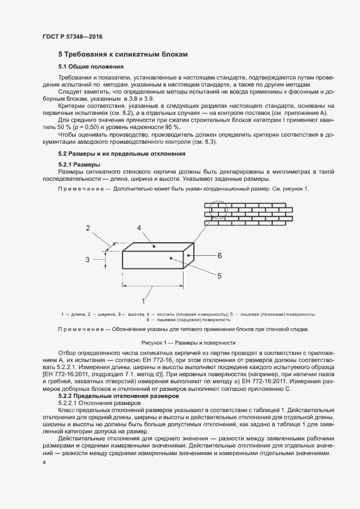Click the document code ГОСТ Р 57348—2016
(x=72, y=36)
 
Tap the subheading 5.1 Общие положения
(x=91, y=66)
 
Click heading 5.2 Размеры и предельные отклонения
(x=122, y=154)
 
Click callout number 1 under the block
(x=143, y=301)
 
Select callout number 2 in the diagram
(x=88, y=228)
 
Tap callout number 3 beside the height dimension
(x=87, y=260)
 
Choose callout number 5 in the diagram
(x=219, y=276)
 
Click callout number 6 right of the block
(x=219, y=255)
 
